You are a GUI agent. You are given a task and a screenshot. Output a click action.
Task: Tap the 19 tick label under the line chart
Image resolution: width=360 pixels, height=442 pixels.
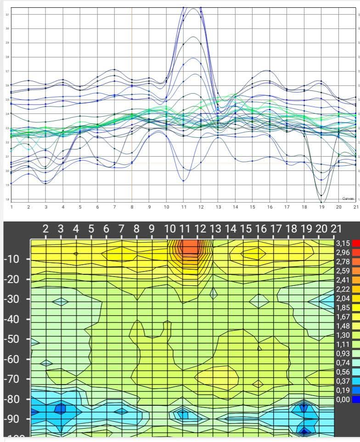coord(321,207)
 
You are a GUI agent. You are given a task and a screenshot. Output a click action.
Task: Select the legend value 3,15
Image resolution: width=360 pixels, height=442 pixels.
coord(342,243)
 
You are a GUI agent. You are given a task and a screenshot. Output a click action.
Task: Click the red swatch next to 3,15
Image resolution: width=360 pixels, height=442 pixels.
coord(355,243)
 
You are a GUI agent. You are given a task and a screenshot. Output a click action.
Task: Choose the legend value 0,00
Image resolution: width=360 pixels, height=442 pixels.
coord(342,399)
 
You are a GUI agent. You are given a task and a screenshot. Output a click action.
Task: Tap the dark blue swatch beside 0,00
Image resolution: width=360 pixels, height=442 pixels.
coord(355,399)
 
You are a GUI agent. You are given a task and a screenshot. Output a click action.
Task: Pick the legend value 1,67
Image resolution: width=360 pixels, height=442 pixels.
coord(342,317)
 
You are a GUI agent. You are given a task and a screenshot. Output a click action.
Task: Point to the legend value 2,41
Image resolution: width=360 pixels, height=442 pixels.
coord(342,280)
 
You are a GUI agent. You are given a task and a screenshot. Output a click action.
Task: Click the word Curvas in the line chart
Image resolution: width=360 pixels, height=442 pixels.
coord(348,198)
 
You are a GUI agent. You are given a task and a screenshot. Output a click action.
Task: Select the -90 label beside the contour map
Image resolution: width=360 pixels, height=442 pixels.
coord(14,419)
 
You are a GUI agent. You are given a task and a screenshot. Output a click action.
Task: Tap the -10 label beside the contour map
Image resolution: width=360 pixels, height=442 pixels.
coord(14,259)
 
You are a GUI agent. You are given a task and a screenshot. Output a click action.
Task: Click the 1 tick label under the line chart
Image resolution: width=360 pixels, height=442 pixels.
coord(11,207)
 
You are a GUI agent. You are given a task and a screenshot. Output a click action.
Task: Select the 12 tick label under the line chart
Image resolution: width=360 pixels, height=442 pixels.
coord(201,207)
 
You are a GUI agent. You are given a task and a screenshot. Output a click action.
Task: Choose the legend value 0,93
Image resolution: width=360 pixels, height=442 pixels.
coord(342,353)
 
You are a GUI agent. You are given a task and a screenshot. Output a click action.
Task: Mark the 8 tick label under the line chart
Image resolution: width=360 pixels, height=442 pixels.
coord(132,207)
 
